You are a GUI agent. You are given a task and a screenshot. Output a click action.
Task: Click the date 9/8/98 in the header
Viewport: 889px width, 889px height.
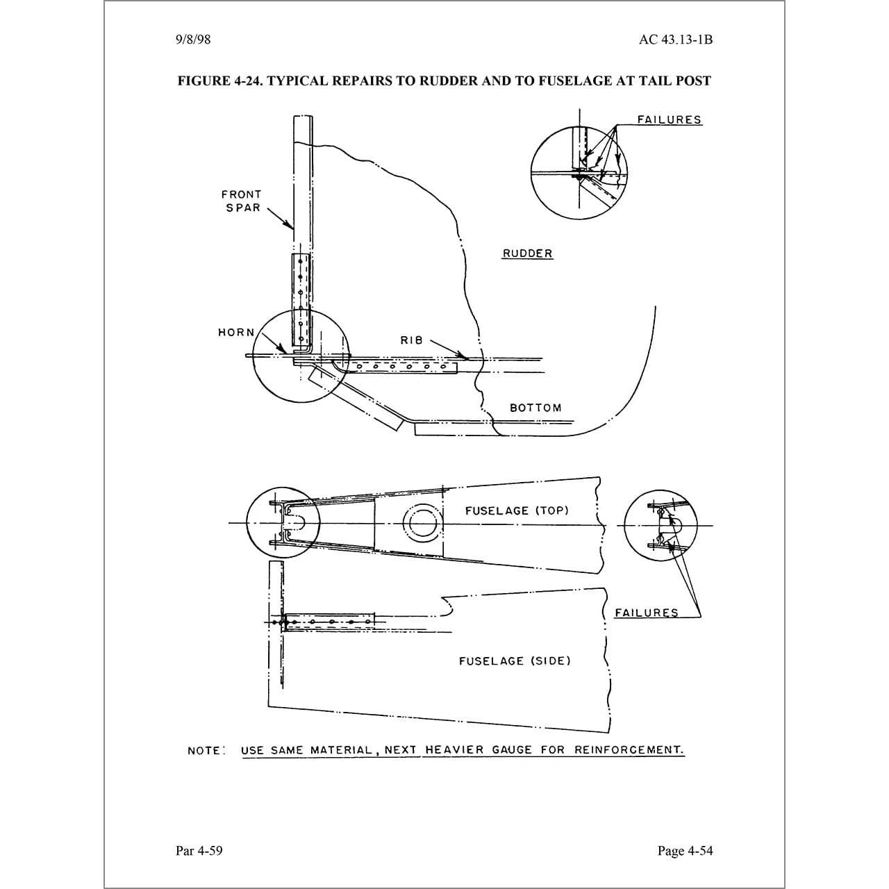tap(193, 40)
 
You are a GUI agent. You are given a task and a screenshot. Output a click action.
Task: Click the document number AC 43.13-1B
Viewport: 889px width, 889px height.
tap(675, 40)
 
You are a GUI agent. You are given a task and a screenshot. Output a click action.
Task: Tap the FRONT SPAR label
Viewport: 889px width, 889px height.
tap(242, 201)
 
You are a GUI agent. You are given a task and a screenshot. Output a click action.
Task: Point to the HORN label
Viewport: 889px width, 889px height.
tap(237, 333)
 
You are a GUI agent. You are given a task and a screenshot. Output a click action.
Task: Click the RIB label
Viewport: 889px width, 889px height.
tap(411, 340)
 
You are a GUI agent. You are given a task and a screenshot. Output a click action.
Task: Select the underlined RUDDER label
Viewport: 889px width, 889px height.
tap(528, 254)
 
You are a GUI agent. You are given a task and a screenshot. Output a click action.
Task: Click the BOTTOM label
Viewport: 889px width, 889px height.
tap(535, 408)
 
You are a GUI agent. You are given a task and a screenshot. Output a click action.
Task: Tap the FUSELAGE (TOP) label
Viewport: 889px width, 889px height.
tap(517, 510)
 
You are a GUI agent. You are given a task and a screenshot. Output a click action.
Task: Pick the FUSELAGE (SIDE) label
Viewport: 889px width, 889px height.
tap(515, 660)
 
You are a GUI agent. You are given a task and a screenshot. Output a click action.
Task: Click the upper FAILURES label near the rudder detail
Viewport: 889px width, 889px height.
tap(670, 119)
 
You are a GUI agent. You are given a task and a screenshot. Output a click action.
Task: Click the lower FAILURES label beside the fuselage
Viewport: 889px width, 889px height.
tap(647, 613)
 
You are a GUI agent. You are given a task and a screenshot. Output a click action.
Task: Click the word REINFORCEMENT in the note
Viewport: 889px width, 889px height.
tap(629, 750)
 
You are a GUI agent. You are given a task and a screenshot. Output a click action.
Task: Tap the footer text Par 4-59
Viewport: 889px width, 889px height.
tap(199, 851)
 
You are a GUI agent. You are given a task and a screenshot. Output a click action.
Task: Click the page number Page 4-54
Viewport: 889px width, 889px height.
tap(685, 851)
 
